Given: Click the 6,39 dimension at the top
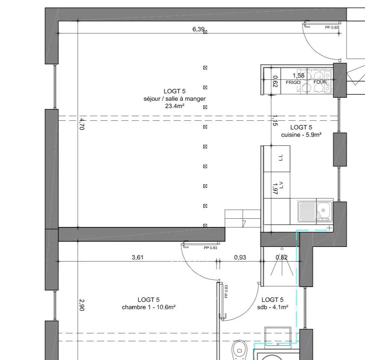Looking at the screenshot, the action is pyautogui.click(x=198, y=29).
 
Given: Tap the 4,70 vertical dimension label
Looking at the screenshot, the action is pyautogui.click(x=82, y=124).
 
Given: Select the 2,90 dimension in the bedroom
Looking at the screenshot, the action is pyautogui.click(x=82, y=305).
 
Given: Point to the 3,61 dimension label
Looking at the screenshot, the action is pyautogui.click(x=137, y=257).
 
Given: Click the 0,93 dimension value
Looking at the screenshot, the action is pyautogui.click(x=240, y=257).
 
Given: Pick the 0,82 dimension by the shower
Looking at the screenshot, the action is pyautogui.click(x=282, y=257).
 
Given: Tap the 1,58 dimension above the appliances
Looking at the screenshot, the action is pyautogui.click(x=299, y=76).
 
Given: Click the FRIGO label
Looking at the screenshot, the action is pyautogui.click(x=293, y=83).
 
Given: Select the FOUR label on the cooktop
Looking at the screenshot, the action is pyautogui.click(x=320, y=82).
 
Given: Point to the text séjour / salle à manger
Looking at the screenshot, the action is pyautogui.click(x=175, y=99).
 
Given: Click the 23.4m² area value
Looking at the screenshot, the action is pyautogui.click(x=175, y=106).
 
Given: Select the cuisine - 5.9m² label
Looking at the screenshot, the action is pyautogui.click(x=301, y=135).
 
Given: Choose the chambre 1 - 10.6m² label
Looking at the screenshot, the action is pyautogui.click(x=148, y=307).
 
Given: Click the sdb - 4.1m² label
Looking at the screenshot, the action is pyautogui.click(x=273, y=307).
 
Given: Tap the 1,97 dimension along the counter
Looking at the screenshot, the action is pyautogui.click(x=275, y=189).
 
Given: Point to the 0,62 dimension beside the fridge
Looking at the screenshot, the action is pyautogui.click(x=275, y=81).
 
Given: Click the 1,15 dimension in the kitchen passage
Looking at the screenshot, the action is pyautogui.click(x=275, y=120).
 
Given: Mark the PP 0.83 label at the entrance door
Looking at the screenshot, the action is pyautogui.click(x=332, y=27).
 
